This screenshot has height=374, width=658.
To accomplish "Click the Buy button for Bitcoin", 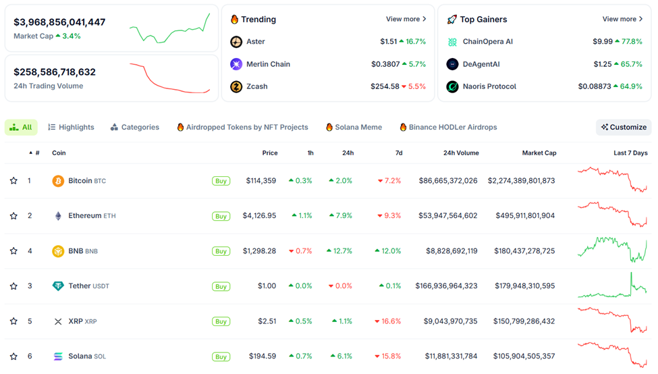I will click(221, 181).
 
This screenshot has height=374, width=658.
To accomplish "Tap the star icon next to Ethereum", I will click(13, 216).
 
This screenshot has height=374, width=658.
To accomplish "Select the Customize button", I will click(624, 127).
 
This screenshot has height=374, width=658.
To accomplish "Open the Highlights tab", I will click(71, 127).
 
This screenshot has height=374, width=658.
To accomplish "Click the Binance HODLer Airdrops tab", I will click(448, 127).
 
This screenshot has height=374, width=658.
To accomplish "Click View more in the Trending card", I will click(406, 20).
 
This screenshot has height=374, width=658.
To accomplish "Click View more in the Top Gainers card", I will click(622, 20).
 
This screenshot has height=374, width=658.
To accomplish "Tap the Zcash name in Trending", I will click(256, 86).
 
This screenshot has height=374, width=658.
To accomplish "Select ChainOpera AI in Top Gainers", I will click(487, 42).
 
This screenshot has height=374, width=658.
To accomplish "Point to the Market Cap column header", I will click(539, 153).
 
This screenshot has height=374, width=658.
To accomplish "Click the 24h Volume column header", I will click(460, 153).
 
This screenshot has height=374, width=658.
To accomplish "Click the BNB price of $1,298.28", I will click(259, 251).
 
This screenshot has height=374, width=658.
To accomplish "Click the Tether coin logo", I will click(58, 286).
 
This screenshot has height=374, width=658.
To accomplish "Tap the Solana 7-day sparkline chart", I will click(612, 355).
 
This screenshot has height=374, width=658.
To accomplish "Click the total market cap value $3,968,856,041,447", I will click(59, 22).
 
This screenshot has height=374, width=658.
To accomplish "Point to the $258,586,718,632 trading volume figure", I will click(55, 72).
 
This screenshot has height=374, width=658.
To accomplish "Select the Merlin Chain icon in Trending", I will click(236, 64).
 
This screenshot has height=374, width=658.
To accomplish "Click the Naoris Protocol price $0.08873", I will click(594, 86).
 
